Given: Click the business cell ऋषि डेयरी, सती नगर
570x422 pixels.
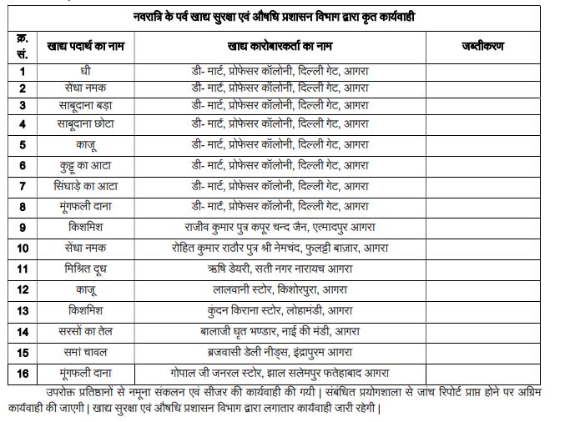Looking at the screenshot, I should (x=281, y=269).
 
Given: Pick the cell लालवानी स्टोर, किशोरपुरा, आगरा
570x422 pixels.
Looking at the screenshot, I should (x=281, y=289).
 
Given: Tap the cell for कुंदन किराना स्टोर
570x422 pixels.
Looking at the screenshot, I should (x=281, y=310).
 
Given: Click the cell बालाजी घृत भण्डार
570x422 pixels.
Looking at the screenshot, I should (x=281, y=331).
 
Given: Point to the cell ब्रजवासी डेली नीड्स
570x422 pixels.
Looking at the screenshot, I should (x=281, y=352).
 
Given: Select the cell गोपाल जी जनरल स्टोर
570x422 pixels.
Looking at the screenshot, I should (x=281, y=373).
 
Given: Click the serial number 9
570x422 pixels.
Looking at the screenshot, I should (x=23, y=227).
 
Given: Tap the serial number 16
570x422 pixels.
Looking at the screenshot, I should (x=23, y=373).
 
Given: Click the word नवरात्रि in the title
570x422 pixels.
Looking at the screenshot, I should (x=161, y=16).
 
